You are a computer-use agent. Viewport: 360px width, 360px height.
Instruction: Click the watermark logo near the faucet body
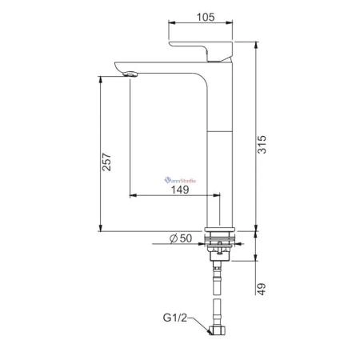[185, 181]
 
